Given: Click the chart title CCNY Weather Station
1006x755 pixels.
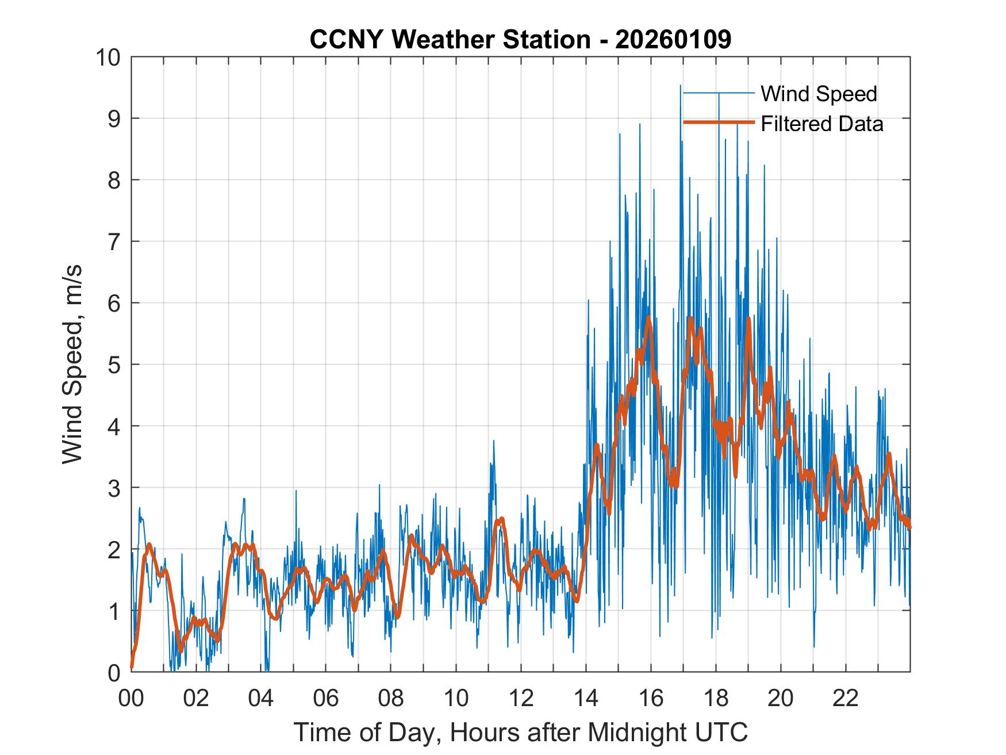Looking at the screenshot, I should [x=450, y=39].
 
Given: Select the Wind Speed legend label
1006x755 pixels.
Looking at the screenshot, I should [x=819, y=94].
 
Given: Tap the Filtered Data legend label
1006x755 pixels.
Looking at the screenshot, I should [x=821, y=124].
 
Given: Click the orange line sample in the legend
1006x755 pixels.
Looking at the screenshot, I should [x=718, y=122].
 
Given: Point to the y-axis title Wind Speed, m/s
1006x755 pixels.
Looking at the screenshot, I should [x=73, y=364].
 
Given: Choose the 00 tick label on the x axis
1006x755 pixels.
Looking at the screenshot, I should [x=131, y=699].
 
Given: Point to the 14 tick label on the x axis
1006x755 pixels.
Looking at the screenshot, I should [x=586, y=699].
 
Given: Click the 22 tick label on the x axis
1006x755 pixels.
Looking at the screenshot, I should [x=846, y=699].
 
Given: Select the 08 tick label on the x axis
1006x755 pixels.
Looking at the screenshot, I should [x=391, y=699].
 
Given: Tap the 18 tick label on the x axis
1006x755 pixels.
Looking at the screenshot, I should [x=716, y=699].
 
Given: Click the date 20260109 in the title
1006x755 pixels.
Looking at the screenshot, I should [x=673, y=39].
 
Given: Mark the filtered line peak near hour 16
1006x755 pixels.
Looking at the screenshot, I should [x=648, y=317].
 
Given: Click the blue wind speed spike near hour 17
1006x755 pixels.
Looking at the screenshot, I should [x=681, y=86].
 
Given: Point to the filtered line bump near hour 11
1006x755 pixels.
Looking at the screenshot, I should [x=501, y=519].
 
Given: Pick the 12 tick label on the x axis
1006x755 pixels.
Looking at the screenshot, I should [x=521, y=699].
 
